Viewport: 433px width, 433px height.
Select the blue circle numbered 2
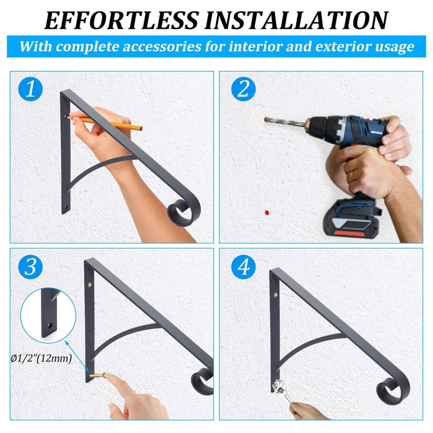[243, 90]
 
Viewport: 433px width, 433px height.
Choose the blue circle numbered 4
[243, 267]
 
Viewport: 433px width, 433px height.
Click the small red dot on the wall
[267, 212]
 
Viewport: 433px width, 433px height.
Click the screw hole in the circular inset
[48, 324]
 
